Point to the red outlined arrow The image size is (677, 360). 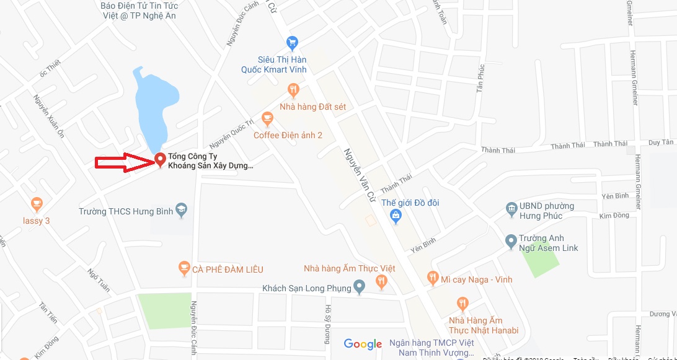123,162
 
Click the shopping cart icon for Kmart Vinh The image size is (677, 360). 293,43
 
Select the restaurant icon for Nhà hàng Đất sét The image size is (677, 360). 293,90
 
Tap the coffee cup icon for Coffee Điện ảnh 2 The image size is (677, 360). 267,118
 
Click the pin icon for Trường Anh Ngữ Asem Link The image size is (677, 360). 511,240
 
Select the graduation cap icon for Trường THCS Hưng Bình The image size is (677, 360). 181,210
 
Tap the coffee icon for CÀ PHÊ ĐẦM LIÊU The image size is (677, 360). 184,268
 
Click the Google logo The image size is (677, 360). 363,344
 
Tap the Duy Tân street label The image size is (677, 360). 661,143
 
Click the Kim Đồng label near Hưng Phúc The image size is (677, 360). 614,216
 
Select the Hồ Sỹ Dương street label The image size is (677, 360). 328,322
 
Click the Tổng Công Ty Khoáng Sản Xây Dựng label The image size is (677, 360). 211,161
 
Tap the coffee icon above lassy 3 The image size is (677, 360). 37,203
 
